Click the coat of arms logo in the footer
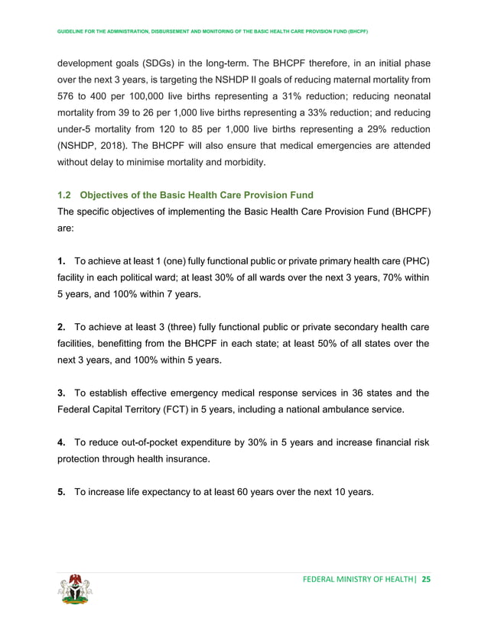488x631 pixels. (73, 591)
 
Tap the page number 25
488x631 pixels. (426, 580)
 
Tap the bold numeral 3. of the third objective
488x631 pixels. (62, 393)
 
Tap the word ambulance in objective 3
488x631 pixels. (358, 409)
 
